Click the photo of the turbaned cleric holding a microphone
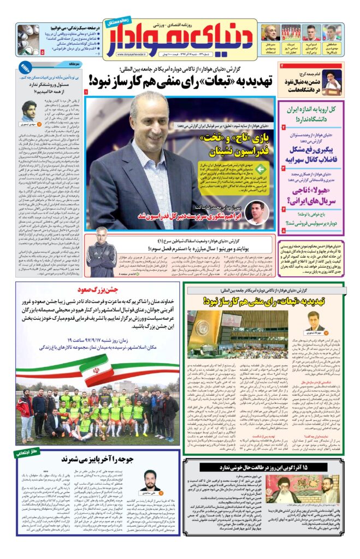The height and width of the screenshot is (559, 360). [x=330, y=81]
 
